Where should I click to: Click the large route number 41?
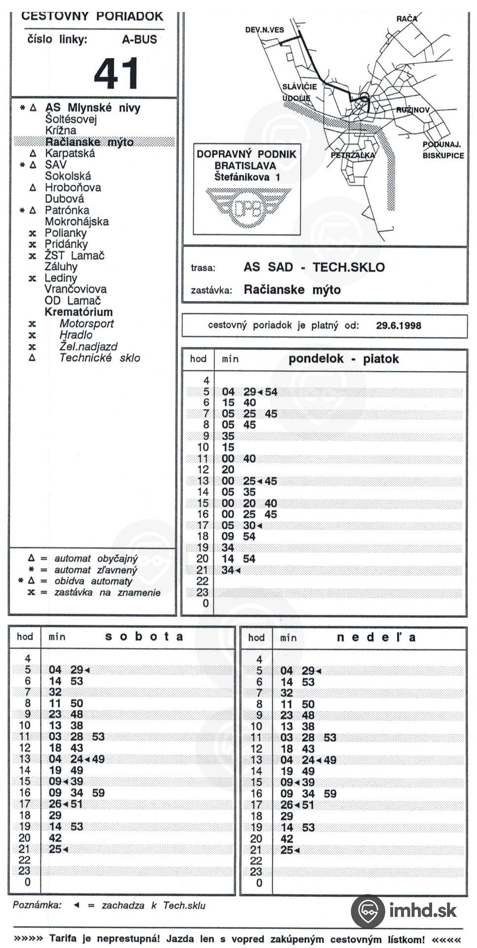point(117,73)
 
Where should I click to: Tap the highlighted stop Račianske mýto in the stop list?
point(89,142)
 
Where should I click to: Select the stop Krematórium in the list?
point(78,312)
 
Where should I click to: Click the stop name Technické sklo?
point(100,358)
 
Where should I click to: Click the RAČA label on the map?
point(406,19)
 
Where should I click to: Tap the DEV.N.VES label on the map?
point(264,30)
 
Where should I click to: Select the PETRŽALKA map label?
point(353,155)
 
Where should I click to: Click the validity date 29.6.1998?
point(399,325)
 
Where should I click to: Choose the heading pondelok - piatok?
point(343,359)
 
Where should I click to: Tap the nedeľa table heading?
point(376,637)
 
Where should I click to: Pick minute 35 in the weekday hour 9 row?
point(228,436)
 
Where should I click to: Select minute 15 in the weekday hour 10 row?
point(228,447)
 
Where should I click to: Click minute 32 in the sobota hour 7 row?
point(55,692)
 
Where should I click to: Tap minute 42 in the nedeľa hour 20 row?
point(287,839)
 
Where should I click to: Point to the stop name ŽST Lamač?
point(74,256)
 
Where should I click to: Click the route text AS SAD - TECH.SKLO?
point(314,267)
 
